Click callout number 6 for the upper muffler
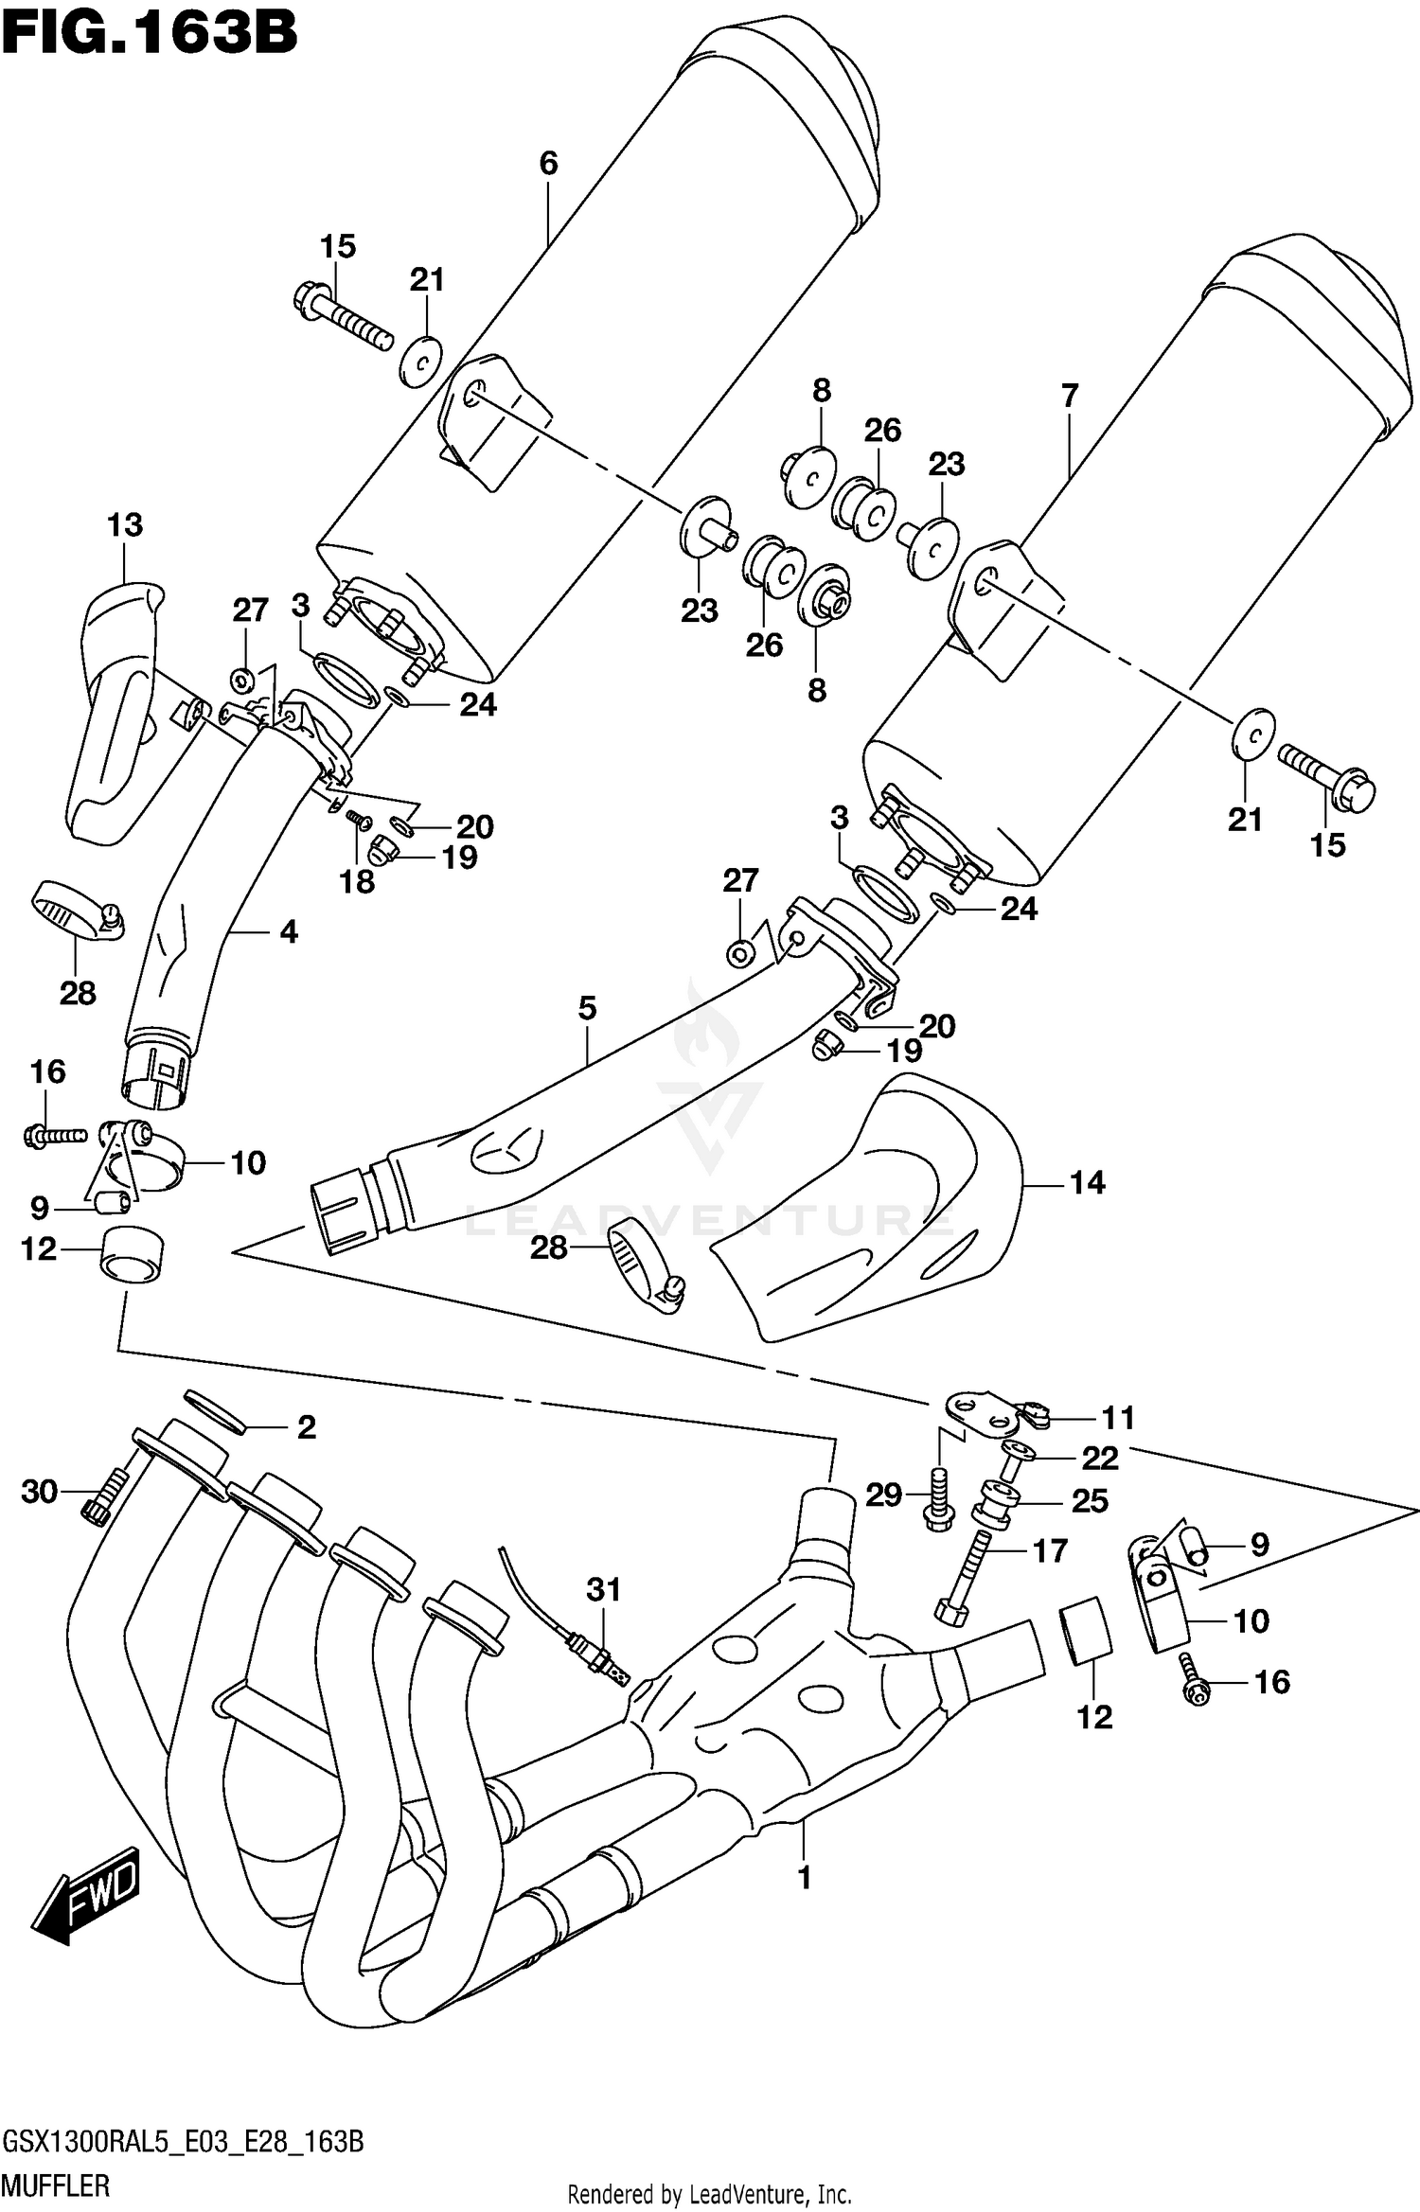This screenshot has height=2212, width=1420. (548, 164)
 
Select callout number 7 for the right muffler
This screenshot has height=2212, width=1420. (1070, 396)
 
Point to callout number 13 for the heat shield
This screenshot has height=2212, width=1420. (125, 524)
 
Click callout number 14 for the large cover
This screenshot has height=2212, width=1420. (1087, 1182)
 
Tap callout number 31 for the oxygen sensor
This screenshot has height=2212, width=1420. (603, 1589)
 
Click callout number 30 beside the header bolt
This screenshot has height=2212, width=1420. (40, 1493)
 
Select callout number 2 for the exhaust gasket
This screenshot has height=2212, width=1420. (306, 1427)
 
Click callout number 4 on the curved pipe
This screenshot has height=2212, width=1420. (289, 932)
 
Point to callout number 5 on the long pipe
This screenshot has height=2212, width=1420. (587, 1008)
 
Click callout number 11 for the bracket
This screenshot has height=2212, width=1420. (1117, 1418)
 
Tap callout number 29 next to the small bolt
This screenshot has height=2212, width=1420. (884, 1496)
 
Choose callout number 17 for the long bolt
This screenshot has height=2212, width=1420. (1049, 1551)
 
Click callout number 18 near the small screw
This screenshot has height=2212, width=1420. (357, 882)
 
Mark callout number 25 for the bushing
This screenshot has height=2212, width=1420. (1089, 1501)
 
